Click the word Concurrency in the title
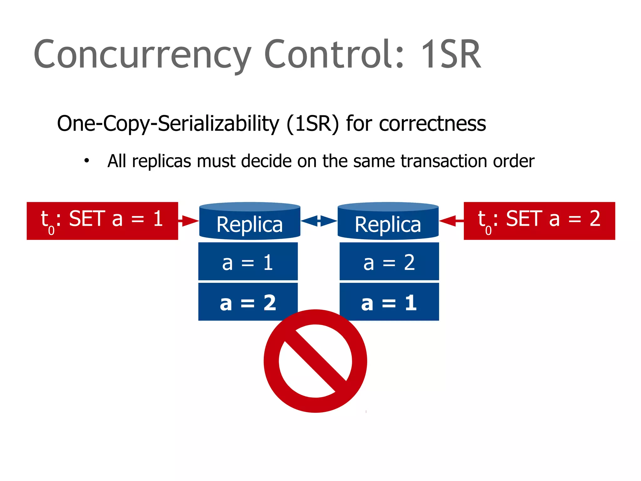[x=142, y=55]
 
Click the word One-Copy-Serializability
[x=168, y=123]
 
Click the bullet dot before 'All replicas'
[x=87, y=161]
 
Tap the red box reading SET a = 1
[x=102, y=221]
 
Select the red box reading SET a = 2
[x=539, y=221]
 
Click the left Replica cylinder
[x=250, y=221]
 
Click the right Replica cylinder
[x=388, y=221]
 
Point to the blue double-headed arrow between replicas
[x=319, y=220]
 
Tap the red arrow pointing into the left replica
[x=188, y=221]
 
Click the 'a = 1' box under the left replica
[x=248, y=261]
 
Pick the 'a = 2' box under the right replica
[x=389, y=261]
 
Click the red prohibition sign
[x=315, y=361]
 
